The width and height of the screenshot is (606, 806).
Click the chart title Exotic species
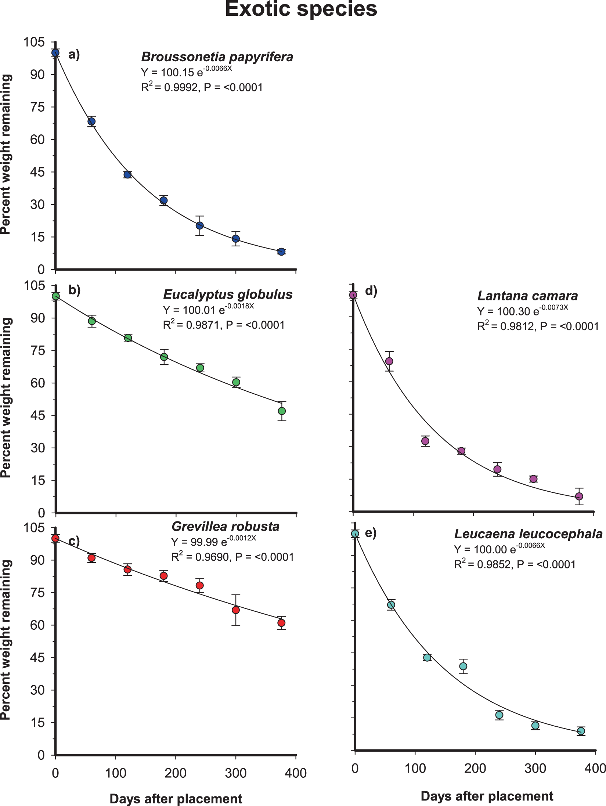[301, 9]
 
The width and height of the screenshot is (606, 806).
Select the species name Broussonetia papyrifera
[217, 57]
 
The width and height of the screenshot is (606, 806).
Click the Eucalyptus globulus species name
[228, 294]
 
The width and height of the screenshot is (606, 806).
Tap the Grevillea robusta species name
[226, 527]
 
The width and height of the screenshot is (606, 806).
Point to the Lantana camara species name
[527, 296]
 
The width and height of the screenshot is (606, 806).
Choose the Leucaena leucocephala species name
[528, 534]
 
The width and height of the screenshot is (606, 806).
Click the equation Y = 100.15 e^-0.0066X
[187, 72]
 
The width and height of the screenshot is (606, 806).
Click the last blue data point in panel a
[281, 252]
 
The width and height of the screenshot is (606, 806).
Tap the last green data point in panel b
[282, 411]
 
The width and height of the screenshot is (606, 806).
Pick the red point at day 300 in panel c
[236, 610]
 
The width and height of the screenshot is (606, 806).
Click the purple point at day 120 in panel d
[425, 441]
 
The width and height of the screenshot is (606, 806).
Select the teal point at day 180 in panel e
[463, 666]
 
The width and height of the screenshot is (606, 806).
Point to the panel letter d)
[371, 291]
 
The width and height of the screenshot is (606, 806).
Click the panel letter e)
[371, 533]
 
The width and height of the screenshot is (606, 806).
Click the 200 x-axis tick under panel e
[475, 768]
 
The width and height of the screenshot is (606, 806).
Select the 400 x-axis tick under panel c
[296, 773]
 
